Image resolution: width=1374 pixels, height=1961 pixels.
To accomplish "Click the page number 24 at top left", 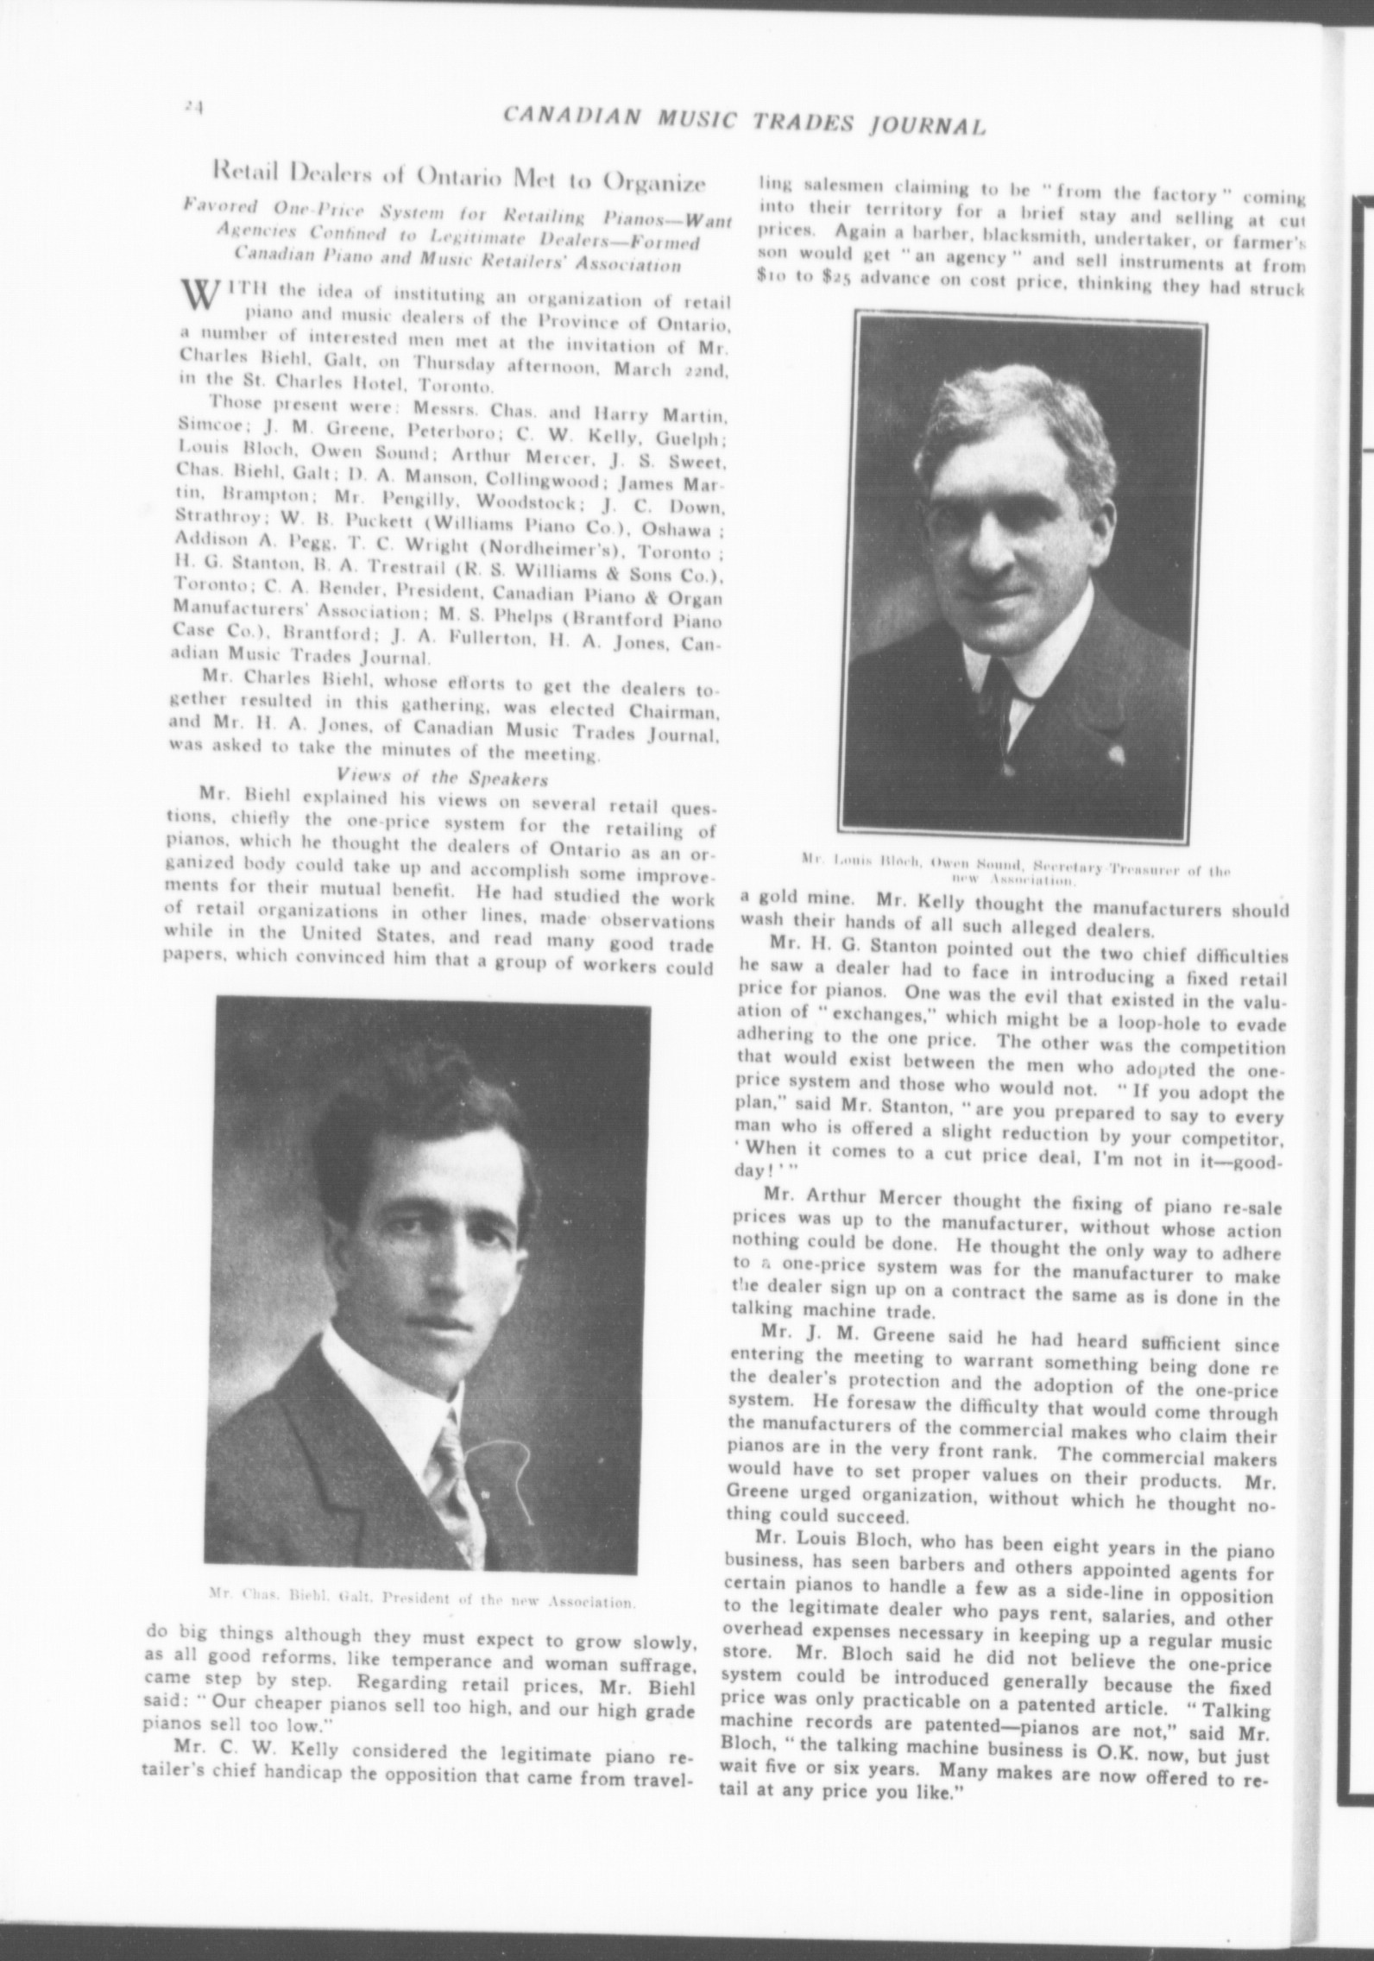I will point(192,104).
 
